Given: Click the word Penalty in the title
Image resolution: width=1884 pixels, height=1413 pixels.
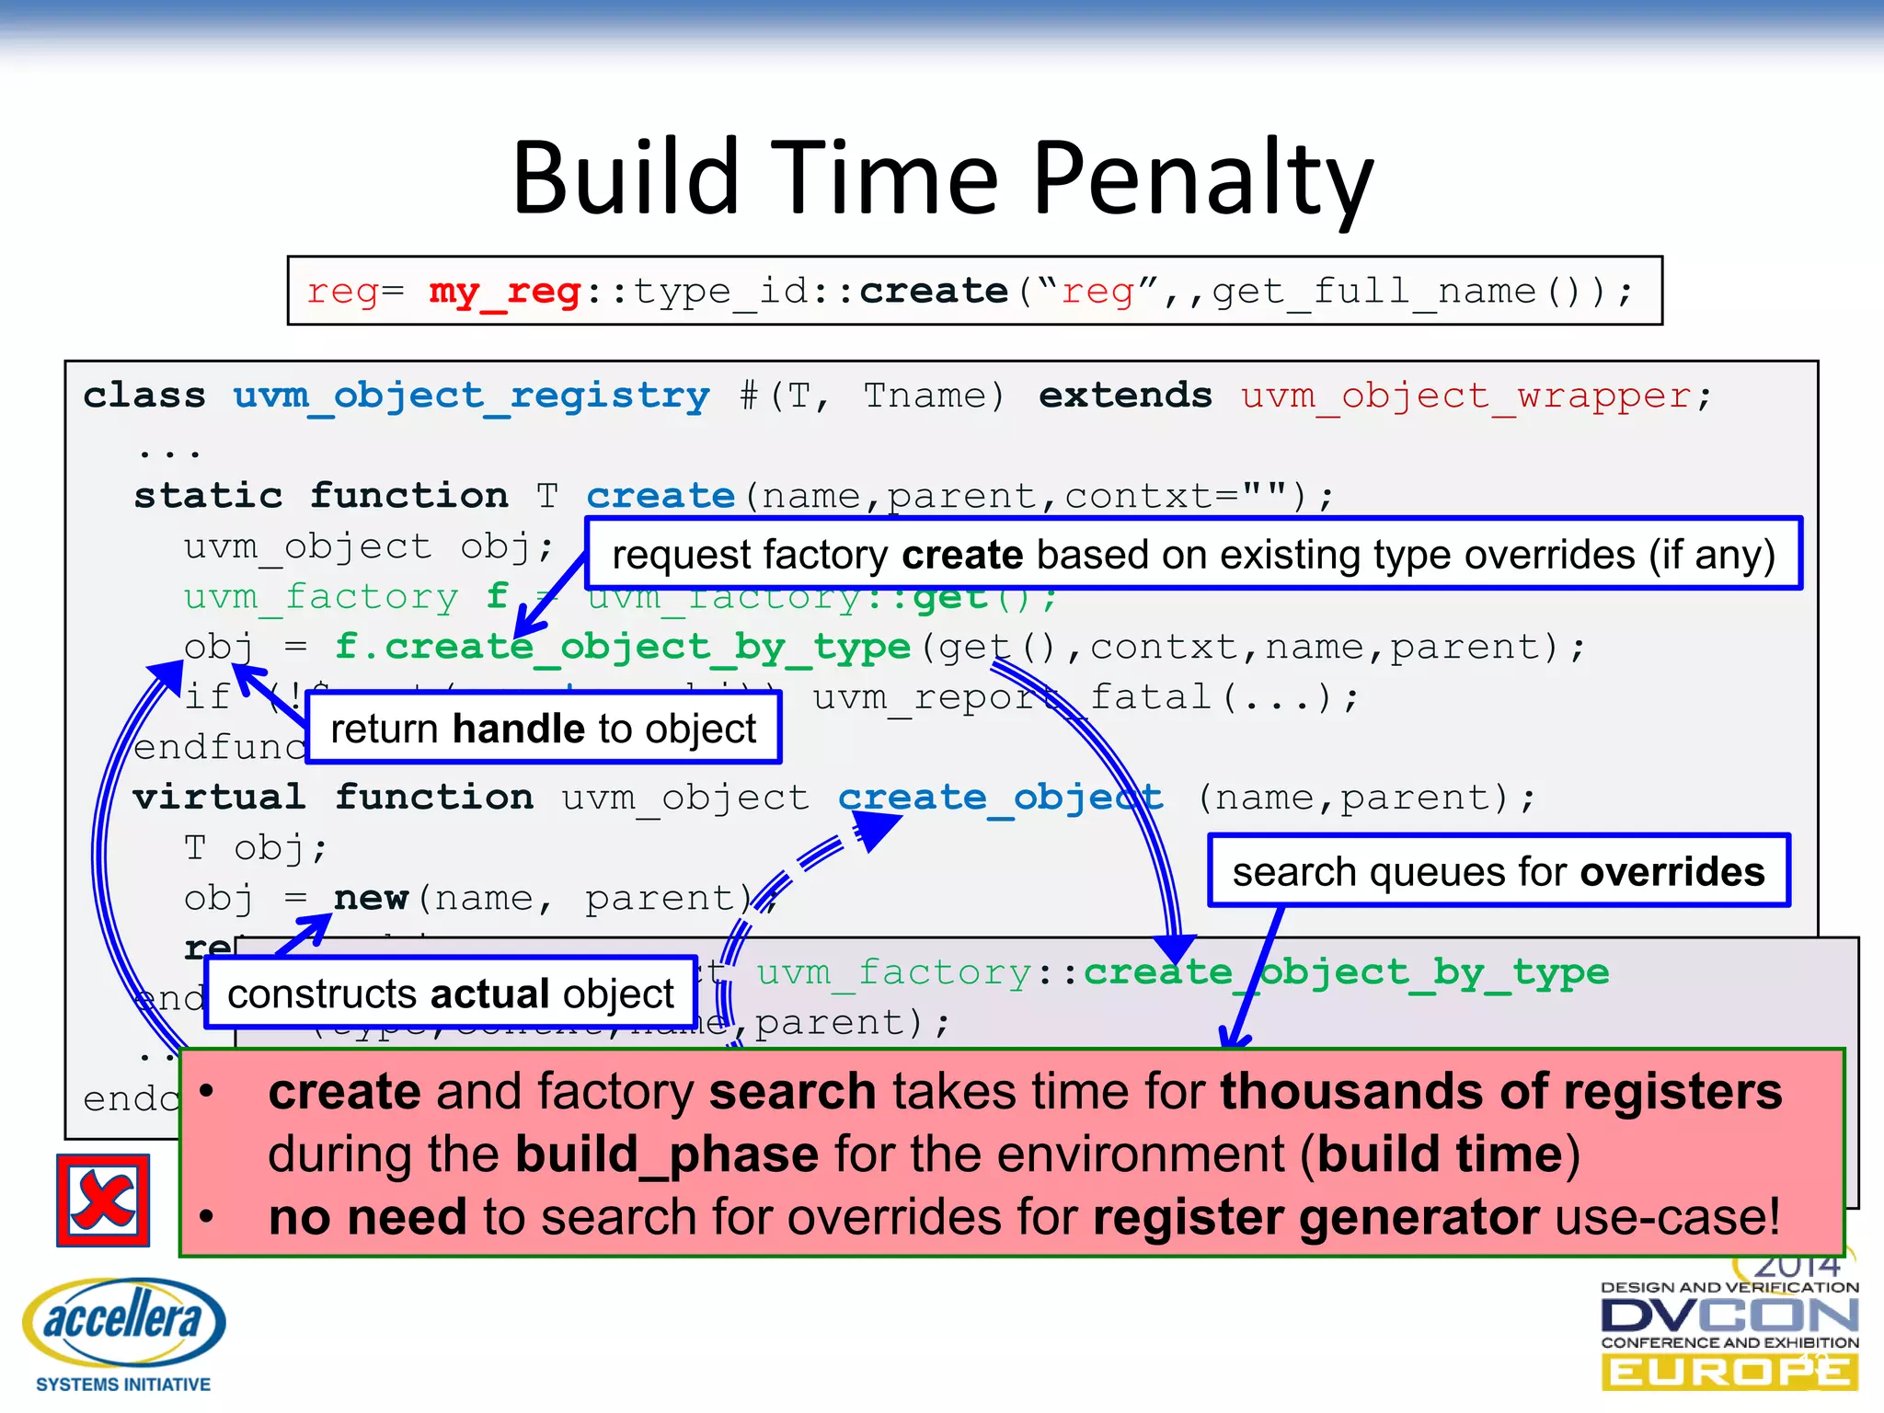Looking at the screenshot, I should tap(1202, 178).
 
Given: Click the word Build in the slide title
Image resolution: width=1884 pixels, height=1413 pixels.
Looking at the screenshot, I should tap(626, 178).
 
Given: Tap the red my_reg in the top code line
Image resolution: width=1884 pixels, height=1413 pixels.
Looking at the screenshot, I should tap(504, 292).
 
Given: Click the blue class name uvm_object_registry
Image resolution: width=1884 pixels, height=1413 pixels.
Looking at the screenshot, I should tap(471, 396).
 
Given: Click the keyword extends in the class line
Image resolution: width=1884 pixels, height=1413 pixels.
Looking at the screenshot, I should tap(1124, 396).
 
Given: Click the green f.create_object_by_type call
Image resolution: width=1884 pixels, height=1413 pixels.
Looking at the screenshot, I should tap(622, 647).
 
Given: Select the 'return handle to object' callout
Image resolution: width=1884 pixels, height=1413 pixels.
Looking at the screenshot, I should tap(543, 728).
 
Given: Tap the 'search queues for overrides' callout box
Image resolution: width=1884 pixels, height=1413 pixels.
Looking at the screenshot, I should tap(1498, 871).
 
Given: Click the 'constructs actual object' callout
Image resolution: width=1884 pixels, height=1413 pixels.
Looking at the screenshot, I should tap(451, 994).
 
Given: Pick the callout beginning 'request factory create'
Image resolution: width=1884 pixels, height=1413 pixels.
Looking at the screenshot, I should tap(1192, 555).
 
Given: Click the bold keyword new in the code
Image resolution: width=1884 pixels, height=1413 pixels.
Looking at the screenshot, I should tap(371, 898).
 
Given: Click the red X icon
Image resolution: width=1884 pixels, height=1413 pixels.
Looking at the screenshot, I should tap(103, 1200).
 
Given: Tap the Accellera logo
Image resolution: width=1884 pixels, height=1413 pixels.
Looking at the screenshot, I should tap(123, 1331).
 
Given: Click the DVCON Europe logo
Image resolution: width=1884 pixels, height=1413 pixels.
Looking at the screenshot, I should tap(1729, 1334).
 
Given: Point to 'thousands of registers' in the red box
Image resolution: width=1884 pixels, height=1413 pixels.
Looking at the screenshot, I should tap(1500, 1092).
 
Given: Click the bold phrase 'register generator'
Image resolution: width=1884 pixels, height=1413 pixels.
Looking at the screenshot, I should tap(1315, 1217).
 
